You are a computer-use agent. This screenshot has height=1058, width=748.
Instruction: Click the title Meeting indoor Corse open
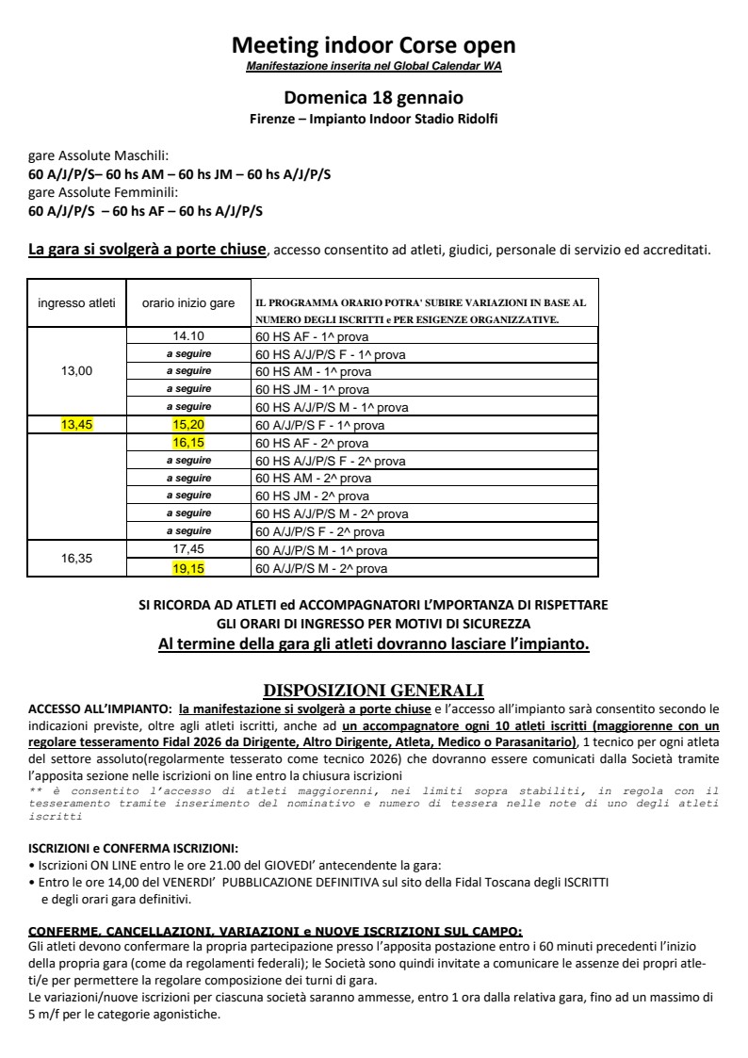point(373,45)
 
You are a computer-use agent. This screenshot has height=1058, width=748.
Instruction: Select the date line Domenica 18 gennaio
point(373,97)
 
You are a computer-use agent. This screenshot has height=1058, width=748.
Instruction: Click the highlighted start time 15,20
point(188,425)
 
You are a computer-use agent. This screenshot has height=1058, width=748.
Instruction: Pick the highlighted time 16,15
point(188,443)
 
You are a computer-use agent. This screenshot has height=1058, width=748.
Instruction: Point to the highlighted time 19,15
point(188,568)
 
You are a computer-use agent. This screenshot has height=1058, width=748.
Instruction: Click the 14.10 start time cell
point(188,335)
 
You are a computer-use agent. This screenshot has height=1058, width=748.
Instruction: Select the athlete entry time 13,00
point(76,371)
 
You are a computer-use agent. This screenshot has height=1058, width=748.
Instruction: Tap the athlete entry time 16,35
point(76,559)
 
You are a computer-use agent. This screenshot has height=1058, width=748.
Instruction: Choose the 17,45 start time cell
point(188,550)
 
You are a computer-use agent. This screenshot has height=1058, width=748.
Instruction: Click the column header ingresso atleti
point(76,302)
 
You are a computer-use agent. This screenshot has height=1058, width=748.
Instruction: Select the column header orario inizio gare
point(188,302)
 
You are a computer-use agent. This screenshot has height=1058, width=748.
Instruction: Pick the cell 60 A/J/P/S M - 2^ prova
point(321,569)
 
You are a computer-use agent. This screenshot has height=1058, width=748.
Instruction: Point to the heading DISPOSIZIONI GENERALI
point(373,690)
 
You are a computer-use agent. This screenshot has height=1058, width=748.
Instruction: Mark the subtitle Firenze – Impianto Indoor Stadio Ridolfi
point(373,118)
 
